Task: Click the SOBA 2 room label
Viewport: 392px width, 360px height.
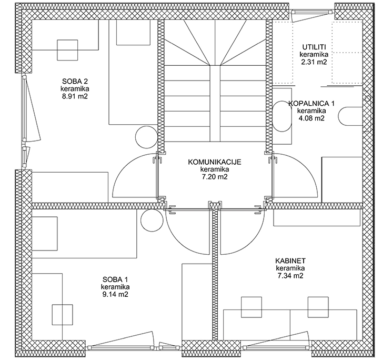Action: [x=75, y=81]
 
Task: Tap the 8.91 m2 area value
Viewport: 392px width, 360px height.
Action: [x=75, y=96]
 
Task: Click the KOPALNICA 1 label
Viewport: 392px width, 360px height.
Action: [x=311, y=103]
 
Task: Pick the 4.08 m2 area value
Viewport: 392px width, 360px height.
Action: [x=311, y=118]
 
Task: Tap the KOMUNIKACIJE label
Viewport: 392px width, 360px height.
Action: [x=215, y=162]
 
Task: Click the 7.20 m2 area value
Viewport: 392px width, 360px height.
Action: [x=215, y=177]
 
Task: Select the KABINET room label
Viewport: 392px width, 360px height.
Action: [x=290, y=261]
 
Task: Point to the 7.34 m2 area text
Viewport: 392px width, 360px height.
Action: [x=290, y=276]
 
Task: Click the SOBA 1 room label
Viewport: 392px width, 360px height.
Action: [x=115, y=279]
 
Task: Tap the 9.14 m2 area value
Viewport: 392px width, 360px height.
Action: [x=115, y=294]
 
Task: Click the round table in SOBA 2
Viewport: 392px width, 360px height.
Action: [x=146, y=137]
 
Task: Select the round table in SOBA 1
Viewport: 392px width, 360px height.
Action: [x=152, y=221]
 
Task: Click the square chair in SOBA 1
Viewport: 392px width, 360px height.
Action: [x=62, y=315]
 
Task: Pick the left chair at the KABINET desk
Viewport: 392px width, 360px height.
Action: [x=252, y=307]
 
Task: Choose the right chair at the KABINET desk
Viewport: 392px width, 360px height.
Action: [x=318, y=307]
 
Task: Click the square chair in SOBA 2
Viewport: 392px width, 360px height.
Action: [x=67, y=50]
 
